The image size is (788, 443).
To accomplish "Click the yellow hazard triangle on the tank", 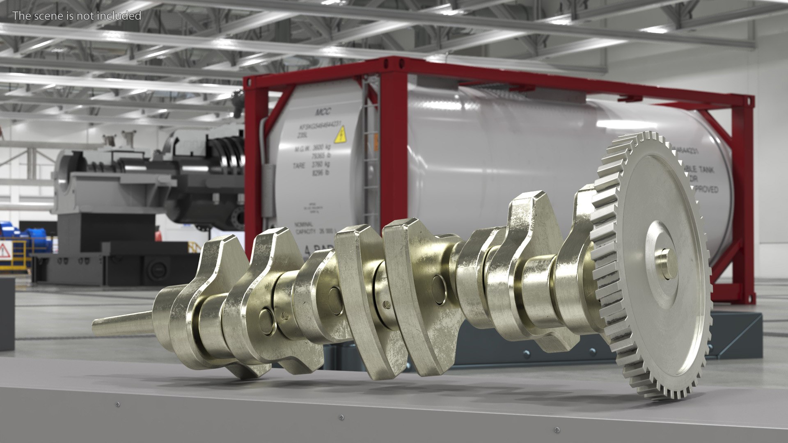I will [x=340, y=135].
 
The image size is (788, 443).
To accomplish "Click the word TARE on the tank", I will [x=299, y=166].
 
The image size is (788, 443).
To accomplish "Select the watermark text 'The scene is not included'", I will [x=77, y=16].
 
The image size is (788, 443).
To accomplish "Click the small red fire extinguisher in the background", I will [x=158, y=236].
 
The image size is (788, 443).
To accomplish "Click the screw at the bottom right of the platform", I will [x=557, y=430].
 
